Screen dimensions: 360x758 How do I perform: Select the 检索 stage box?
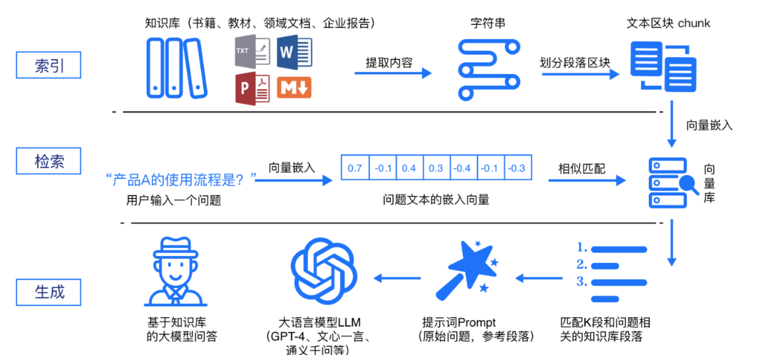48,162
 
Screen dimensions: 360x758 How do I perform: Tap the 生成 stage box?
48,292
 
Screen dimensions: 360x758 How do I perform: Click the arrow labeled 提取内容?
394,73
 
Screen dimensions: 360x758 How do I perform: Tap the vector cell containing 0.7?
355,168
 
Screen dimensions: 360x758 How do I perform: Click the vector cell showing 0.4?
409,168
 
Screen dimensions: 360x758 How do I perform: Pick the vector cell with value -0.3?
517,168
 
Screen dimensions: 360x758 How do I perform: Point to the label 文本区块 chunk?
668,24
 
